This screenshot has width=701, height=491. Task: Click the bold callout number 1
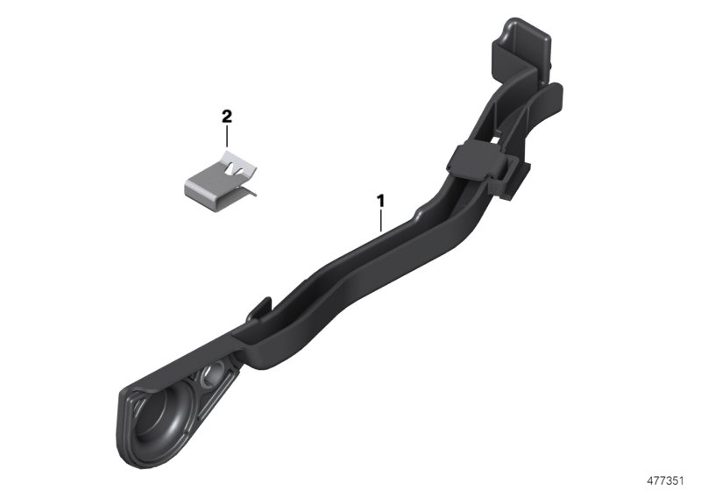pyautogui.click(x=380, y=202)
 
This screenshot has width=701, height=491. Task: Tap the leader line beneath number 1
pyautogui.click(x=380, y=220)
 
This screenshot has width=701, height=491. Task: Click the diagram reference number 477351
pyautogui.click(x=666, y=480)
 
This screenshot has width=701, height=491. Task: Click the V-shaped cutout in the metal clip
pyautogui.click(x=230, y=169)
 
